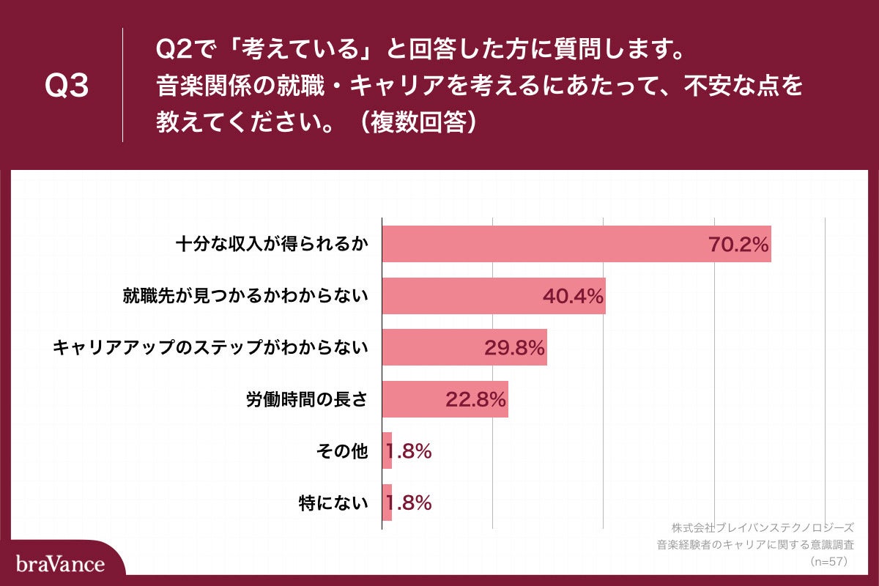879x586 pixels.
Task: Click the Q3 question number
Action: (x=67, y=86)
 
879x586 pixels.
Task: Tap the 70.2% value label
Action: (x=738, y=245)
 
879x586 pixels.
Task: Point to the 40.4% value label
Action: (x=573, y=296)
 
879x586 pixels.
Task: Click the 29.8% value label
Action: (x=514, y=348)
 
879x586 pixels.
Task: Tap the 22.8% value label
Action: (x=475, y=400)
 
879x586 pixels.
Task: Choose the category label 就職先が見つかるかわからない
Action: (x=244, y=296)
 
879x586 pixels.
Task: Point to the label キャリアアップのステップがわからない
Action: (x=209, y=348)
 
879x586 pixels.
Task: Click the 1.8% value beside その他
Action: (x=409, y=451)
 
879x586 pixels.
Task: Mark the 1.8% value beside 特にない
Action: (x=409, y=502)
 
